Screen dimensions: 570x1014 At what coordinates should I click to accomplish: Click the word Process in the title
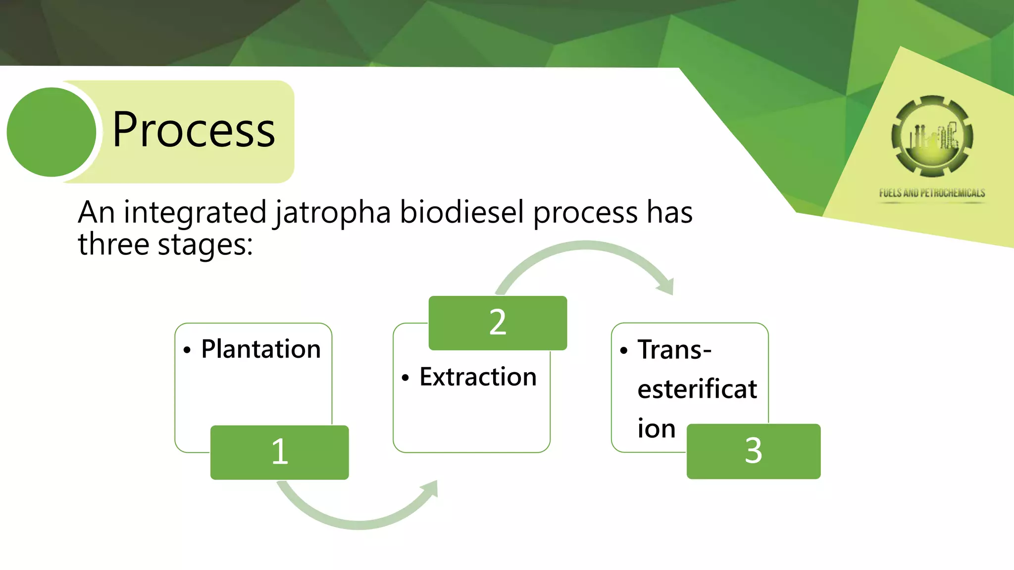click(193, 130)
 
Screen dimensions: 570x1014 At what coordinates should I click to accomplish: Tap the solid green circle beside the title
click(51, 132)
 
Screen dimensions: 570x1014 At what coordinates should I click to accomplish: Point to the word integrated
click(195, 213)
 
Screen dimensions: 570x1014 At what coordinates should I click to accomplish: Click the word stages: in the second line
click(205, 245)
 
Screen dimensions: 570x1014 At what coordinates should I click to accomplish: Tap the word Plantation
click(261, 349)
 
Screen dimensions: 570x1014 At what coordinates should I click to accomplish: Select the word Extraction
click(478, 377)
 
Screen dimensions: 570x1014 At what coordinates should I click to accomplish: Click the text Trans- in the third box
click(674, 350)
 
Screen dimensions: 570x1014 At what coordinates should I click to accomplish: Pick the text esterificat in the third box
click(697, 389)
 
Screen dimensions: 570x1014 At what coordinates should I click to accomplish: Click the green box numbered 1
click(280, 452)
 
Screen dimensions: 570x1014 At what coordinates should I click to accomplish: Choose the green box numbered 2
click(498, 323)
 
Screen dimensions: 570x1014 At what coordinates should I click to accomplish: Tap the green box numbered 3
click(753, 451)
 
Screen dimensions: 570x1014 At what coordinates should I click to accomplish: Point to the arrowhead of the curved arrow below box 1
click(431, 489)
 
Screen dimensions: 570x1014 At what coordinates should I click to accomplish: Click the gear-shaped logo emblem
click(932, 137)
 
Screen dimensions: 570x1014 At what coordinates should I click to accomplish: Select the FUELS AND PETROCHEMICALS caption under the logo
click(932, 193)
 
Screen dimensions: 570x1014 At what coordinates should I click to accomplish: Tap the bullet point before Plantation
click(187, 350)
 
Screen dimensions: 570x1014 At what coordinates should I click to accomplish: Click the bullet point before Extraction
click(406, 378)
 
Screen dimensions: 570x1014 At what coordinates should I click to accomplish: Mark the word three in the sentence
click(113, 245)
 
